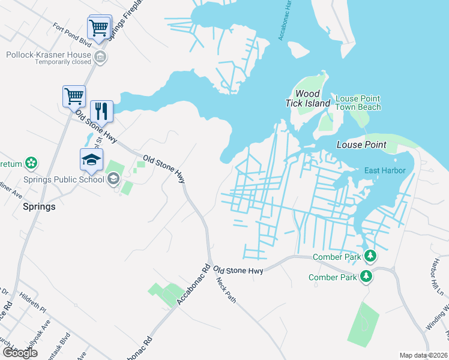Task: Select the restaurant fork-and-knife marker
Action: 101,111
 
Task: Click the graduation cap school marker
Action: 92,160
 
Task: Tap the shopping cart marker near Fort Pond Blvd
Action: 98,27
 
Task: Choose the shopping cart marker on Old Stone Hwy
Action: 74,96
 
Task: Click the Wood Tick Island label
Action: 312,98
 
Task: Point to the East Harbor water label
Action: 385,170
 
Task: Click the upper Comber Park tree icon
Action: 370,257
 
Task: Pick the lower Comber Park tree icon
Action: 366,277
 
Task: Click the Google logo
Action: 20,353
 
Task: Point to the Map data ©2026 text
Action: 424,355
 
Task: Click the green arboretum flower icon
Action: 31,163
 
